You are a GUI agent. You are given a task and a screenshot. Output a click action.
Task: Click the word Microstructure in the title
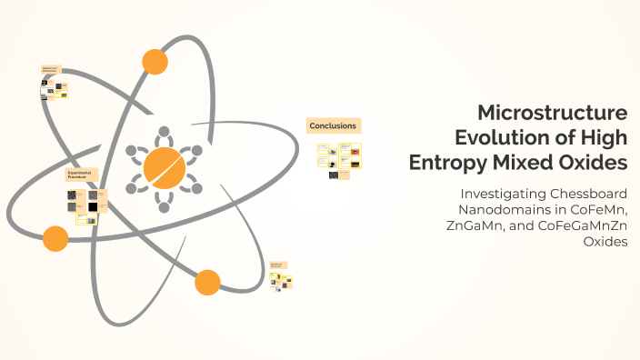click(x=552, y=114)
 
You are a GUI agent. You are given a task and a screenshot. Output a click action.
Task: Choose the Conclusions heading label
click(x=333, y=125)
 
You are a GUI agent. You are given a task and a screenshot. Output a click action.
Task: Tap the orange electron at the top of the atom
click(x=155, y=62)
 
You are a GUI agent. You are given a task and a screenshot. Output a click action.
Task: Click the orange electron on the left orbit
click(x=55, y=239)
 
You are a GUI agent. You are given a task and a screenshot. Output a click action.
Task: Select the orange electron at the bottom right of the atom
click(x=207, y=282)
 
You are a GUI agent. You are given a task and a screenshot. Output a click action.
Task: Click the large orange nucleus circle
click(x=164, y=167)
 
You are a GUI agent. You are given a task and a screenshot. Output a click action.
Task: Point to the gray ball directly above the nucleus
click(x=164, y=131)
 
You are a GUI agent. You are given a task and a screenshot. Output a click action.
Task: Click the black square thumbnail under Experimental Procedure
click(x=92, y=207)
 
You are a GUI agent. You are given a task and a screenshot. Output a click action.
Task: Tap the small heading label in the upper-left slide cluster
click(x=50, y=70)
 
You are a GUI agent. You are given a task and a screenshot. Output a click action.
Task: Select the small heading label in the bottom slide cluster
click(x=277, y=265)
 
